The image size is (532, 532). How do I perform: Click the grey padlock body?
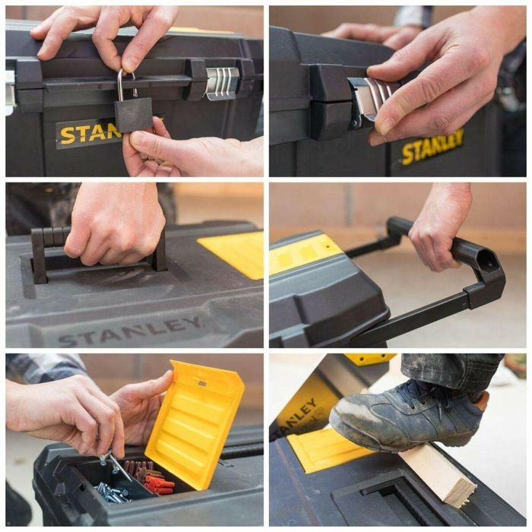click(134, 114)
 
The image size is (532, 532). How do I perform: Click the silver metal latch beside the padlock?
click(222, 83)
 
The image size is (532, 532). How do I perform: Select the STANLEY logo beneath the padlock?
click(88, 134)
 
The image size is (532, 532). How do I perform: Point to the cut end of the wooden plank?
click(461, 487)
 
